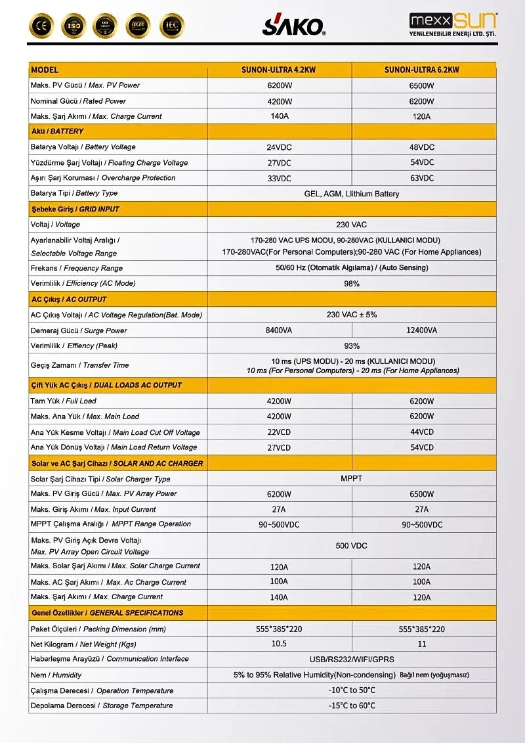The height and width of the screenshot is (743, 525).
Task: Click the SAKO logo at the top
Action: point(293,25)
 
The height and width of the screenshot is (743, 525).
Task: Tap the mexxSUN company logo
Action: point(453,25)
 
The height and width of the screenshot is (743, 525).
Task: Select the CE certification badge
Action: point(41,26)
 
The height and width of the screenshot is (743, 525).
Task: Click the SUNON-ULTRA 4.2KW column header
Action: point(279,70)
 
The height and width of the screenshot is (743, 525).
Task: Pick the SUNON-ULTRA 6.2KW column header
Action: point(421,70)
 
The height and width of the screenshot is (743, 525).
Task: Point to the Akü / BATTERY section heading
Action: point(58,131)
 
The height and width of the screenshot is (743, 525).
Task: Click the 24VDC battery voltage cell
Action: point(279,147)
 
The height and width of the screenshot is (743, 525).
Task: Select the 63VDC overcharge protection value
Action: point(421,178)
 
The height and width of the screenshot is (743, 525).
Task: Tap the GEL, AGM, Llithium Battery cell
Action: point(351,194)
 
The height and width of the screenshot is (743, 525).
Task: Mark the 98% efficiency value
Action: point(351,284)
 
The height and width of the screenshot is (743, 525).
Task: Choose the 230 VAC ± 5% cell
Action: point(351,315)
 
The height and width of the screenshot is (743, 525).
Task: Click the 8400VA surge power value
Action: point(279,330)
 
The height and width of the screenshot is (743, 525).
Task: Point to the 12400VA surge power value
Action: point(421,330)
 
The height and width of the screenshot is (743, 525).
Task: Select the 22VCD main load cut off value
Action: point(279,432)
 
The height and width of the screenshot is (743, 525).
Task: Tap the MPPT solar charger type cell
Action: point(351,478)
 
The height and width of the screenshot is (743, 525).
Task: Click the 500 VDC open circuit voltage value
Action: point(351,546)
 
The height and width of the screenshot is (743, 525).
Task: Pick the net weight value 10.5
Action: point(279,644)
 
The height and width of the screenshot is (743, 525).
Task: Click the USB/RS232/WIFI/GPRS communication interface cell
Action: point(351,659)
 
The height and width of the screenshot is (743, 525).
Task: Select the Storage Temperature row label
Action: point(102,706)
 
